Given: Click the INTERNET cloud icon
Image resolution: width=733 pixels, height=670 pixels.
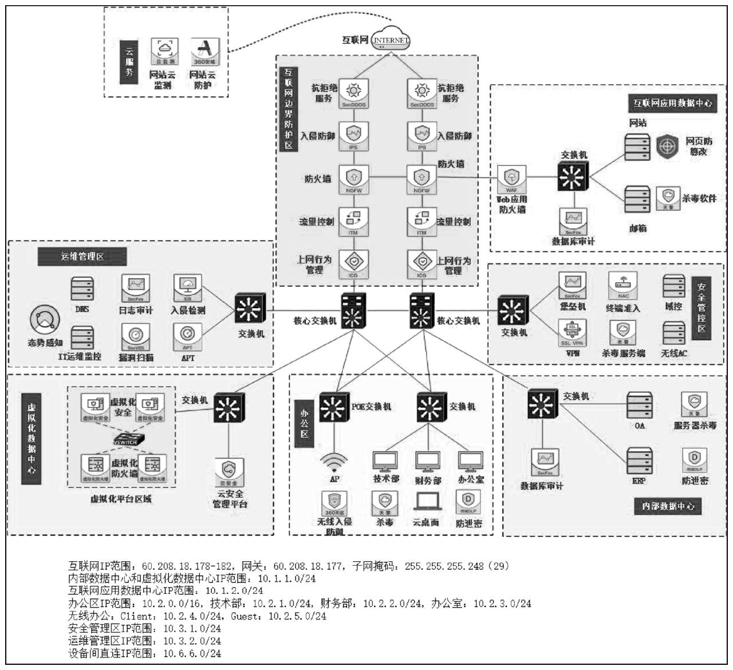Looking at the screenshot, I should point(391,39).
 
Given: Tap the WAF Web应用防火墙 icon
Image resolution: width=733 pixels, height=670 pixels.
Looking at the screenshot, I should point(511,179).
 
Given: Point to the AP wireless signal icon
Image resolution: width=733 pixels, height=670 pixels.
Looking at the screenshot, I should point(334,461).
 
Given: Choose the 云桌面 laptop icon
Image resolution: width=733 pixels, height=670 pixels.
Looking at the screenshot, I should point(427,502).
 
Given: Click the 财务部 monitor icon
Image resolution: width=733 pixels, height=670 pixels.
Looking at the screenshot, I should point(427,461).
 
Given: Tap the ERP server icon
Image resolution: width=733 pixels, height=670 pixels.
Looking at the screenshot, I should point(639,460).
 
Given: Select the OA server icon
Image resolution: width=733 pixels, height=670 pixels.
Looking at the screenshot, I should point(639,405).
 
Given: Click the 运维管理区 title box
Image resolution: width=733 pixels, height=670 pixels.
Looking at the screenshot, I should point(82,256).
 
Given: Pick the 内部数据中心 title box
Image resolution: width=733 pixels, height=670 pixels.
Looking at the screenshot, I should point(668,506).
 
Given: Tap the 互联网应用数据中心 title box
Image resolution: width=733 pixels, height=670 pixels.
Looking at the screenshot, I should point(672,103).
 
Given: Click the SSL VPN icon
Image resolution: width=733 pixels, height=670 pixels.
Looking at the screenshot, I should point(572,333).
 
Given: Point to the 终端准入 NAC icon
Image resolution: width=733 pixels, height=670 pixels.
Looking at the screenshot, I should point(622,286).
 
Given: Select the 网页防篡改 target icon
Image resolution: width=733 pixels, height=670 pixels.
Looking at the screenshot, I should point(667,147).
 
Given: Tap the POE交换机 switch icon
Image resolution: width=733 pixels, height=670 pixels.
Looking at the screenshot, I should point(334,407).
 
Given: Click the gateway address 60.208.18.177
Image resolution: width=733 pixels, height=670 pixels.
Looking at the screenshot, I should point(308,566).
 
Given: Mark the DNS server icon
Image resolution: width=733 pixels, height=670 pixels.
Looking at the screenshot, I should point(82,289).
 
